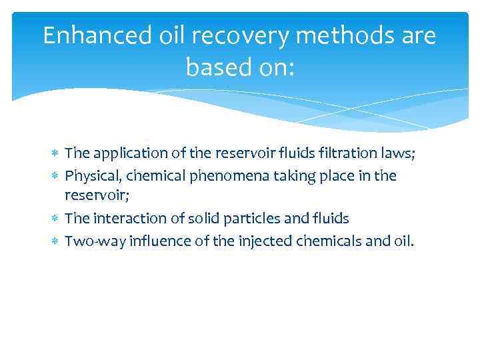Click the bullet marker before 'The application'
(55, 154)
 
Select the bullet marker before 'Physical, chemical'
(55, 176)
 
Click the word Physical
(89, 175)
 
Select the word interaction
(123, 219)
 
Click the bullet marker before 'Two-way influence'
(55, 241)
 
